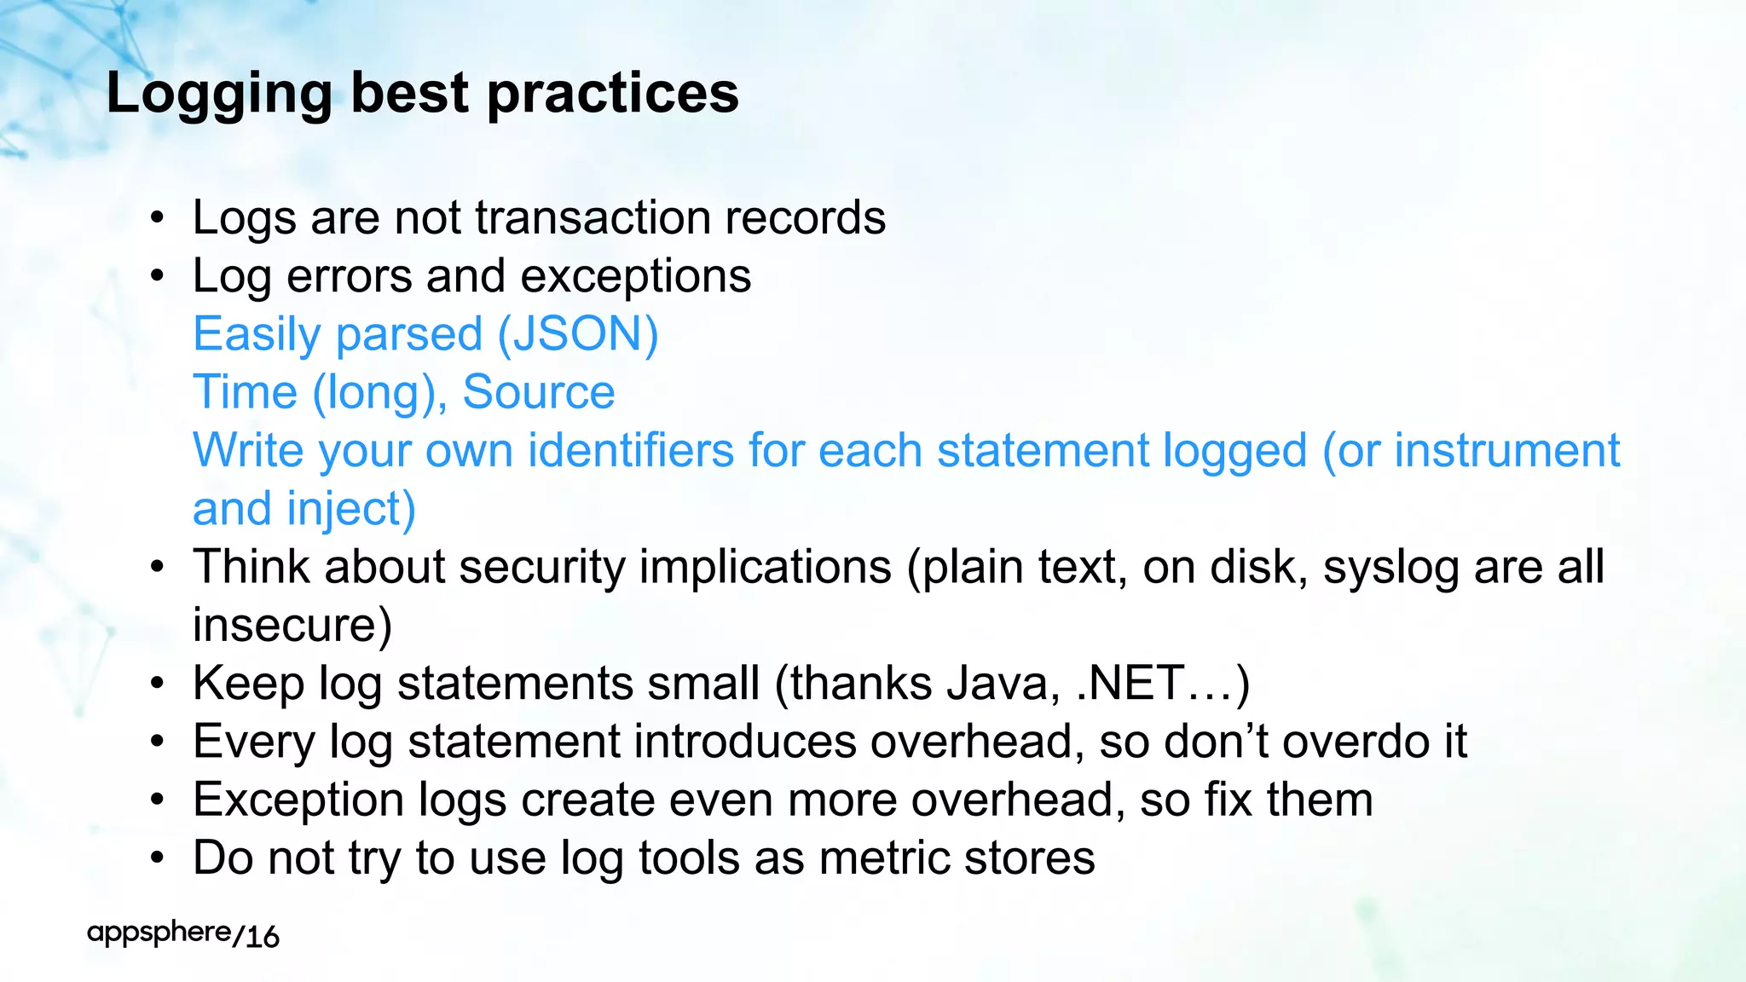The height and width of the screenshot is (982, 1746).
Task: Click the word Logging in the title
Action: tap(218, 94)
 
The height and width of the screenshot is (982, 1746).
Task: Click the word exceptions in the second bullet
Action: tap(635, 277)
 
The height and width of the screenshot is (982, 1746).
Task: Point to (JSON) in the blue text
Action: tap(577, 335)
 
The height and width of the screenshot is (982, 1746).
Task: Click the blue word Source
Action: tap(538, 393)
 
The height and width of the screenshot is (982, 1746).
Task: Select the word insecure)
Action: tap(292, 626)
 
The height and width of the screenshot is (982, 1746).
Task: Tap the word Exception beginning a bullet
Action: tap(298, 800)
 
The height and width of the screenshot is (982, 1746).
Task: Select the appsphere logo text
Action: tap(159, 933)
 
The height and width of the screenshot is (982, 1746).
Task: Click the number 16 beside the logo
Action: tap(262, 937)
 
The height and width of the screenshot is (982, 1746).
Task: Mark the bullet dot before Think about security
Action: tap(156, 569)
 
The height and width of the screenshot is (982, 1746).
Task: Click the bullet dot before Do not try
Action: tap(156, 859)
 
